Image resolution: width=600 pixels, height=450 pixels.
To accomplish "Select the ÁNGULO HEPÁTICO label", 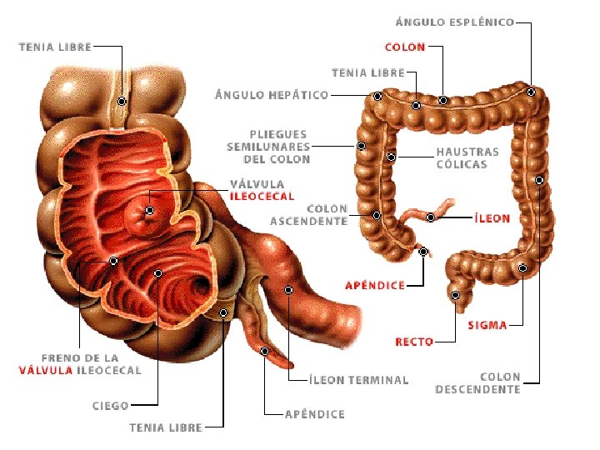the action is point(272,95).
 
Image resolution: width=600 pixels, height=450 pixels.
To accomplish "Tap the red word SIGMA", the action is point(487,325).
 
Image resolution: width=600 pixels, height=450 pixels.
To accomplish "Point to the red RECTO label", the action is point(414,342).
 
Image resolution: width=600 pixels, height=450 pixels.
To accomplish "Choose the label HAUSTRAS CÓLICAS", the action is point(467,158).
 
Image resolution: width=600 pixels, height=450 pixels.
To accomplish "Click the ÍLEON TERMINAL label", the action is point(358,380).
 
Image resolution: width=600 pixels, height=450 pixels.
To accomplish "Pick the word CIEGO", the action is point(110,406).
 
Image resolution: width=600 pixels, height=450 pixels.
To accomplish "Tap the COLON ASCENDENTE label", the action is point(308,215).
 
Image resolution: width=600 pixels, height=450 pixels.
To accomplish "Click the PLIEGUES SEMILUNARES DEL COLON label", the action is point(268,146).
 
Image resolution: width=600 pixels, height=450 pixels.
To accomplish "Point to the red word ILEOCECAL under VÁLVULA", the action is point(262,197).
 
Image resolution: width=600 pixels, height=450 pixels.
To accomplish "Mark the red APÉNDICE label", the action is point(375,285).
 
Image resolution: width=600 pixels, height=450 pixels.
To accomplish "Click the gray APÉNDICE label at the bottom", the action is point(314,414).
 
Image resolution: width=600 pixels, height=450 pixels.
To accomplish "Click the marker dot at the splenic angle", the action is point(531,92).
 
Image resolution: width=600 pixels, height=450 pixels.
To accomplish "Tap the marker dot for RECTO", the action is point(456,295).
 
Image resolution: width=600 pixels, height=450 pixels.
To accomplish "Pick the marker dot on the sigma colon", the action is point(522,267).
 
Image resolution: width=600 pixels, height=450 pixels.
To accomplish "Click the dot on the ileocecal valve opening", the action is point(151,211).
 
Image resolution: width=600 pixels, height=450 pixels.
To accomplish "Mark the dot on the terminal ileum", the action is point(288,290).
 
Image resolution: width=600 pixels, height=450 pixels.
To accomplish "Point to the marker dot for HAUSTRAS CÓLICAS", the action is point(391,157).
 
